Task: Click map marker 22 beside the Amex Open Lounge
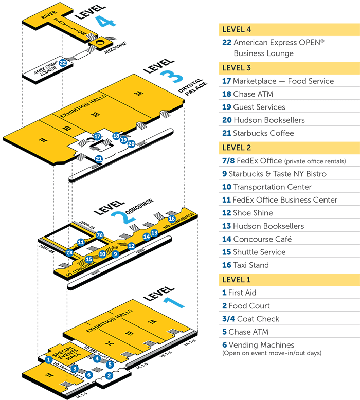[x=63, y=63]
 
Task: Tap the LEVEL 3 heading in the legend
[x=237, y=68]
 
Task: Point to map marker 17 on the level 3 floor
[x=97, y=136]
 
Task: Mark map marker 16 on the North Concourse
[x=172, y=219]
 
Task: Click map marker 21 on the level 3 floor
[x=99, y=159]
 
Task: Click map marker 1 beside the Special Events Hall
[x=48, y=360]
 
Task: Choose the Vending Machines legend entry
[x=261, y=345]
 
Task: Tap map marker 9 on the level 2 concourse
[x=115, y=254]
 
